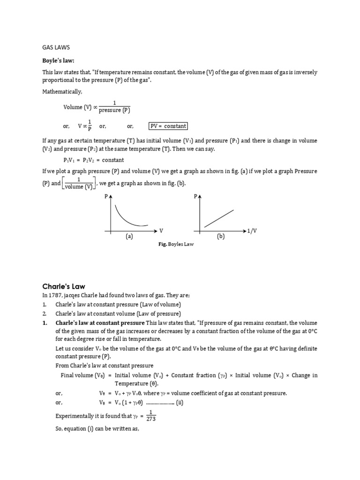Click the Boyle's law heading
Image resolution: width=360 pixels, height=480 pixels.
coord(59,61)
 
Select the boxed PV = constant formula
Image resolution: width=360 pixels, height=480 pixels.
coord(168,126)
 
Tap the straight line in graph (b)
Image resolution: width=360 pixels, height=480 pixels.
coord(219,218)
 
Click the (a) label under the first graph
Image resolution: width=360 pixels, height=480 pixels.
coord(129,237)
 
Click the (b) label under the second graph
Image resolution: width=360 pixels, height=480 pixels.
coord(221,237)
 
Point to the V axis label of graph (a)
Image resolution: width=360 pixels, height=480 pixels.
coord(161,231)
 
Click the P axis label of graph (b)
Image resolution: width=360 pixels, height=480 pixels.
coord(195,197)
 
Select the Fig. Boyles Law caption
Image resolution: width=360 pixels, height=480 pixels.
coord(175,245)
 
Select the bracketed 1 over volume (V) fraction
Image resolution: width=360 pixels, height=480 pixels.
coord(79,183)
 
